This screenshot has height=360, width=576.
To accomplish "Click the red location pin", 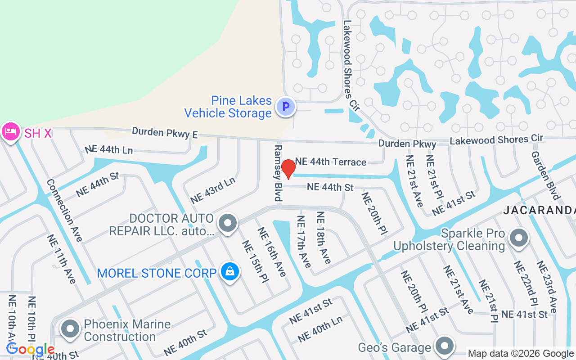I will (288, 169).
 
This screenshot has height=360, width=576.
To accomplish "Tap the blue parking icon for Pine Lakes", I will (285, 107).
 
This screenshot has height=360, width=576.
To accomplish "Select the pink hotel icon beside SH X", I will (10, 132).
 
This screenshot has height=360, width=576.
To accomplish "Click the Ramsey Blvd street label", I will (278, 173).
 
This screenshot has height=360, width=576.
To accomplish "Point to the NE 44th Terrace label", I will (331, 162).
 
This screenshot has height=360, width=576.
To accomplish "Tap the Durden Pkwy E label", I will (165, 133).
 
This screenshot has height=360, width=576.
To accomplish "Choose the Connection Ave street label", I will (64, 210).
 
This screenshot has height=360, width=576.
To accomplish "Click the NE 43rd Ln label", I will (213, 190).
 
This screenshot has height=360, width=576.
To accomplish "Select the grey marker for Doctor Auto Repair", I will (228, 223).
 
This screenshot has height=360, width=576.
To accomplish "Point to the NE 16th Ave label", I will (272, 252).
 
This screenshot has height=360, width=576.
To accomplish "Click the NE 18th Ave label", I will (324, 238).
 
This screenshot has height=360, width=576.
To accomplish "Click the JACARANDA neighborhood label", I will (539, 210).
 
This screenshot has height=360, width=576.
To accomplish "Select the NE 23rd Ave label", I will (546, 287).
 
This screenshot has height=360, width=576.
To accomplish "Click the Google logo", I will (31, 349).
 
